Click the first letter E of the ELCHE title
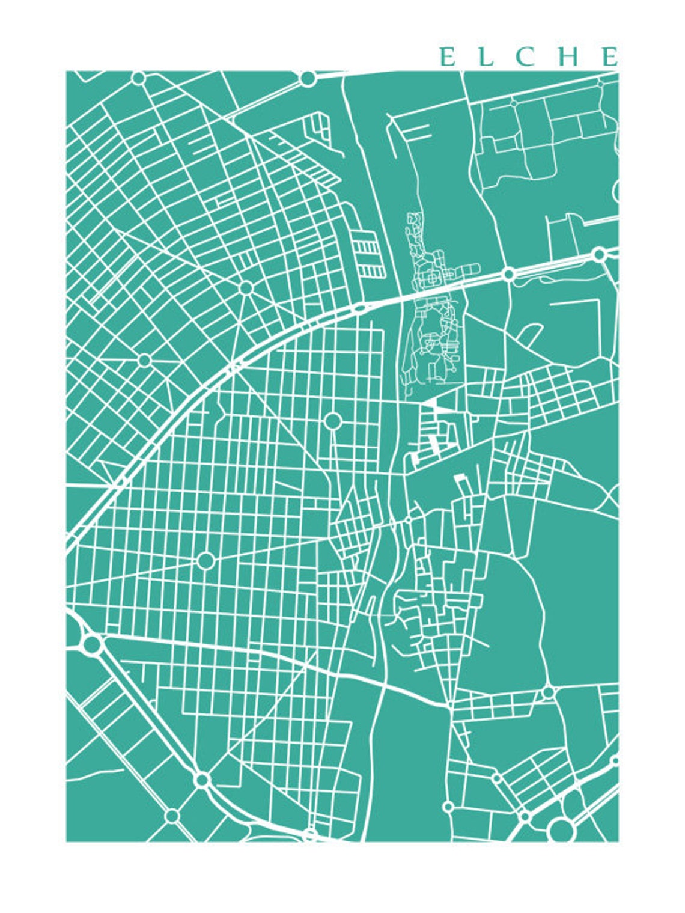pyautogui.click(x=447, y=57)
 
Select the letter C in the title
pyautogui.click(x=527, y=57)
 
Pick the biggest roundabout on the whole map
pyautogui.click(x=561, y=829)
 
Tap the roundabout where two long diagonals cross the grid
pyautogui.click(x=205, y=561)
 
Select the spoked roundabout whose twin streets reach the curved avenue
pyautogui.click(x=245, y=288)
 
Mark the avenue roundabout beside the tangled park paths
pyautogui.click(x=508, y=275)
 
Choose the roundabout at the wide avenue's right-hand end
pyautogui.click(x=599, y=254)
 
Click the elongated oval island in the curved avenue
pyautogui.click(x=361, y=309)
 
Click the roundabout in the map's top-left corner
pyautogui.click(x=138, y=78)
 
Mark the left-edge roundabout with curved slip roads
pyautogui.click(x=92, y=644)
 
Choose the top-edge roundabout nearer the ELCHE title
pyautogui.click(x=308, y=78)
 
